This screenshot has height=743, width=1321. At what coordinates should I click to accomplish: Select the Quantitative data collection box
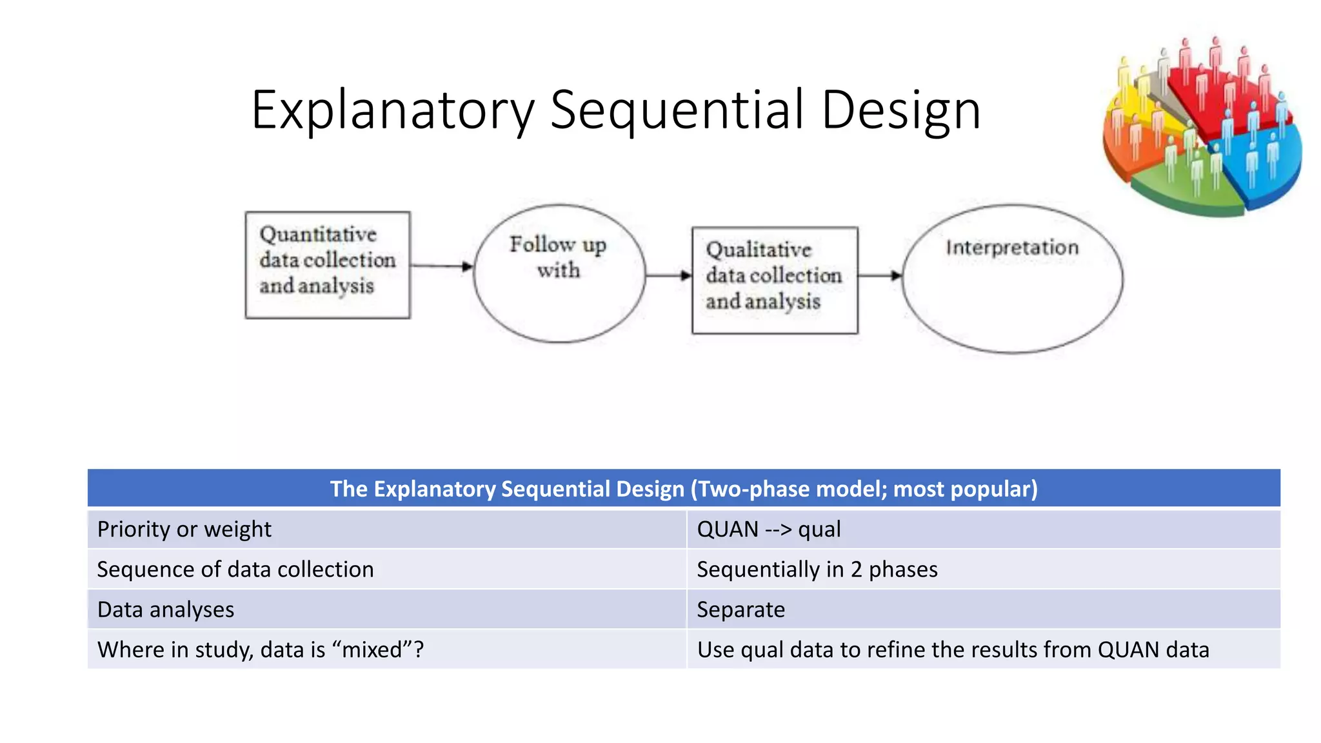[328, 265]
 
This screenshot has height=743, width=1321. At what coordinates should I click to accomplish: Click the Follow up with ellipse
[559, 273]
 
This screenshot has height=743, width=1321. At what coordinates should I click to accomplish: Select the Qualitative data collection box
[775, 280]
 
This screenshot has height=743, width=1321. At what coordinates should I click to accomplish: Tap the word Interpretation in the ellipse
[1012, 248]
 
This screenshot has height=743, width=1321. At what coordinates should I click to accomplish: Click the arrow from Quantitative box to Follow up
[442, 266]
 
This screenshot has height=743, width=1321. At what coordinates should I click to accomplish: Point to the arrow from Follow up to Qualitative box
[668, 275]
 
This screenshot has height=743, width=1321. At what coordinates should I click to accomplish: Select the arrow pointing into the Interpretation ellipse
[880, 275]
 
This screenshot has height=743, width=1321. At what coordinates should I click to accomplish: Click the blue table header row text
[684, 489]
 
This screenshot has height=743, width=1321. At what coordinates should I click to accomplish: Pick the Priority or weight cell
[184, 529]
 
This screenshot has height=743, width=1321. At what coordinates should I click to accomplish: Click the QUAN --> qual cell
[769, 529]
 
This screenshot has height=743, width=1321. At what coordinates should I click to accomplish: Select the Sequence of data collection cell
[235, 570]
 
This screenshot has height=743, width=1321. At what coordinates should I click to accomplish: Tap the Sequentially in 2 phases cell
[817, 570]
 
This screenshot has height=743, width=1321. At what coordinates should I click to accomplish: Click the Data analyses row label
[166, 609]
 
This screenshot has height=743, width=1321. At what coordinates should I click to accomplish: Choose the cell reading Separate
[741, 609]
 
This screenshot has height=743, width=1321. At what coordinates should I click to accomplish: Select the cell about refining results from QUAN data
[953, 649]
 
